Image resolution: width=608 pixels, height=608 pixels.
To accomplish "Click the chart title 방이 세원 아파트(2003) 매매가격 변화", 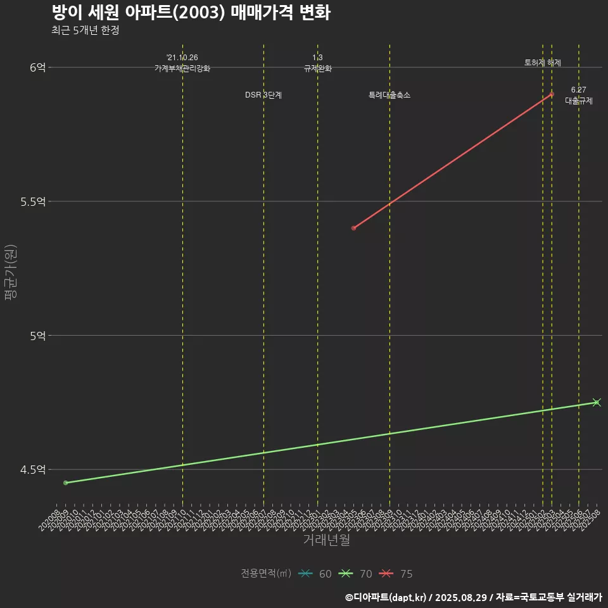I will (x=191, y=13).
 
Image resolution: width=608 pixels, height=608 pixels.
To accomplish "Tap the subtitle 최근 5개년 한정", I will (x=85, y=30).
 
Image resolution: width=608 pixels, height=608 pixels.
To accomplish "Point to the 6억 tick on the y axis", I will (x=37, y=67).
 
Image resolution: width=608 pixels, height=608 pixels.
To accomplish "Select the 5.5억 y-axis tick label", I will (x=33, y=201).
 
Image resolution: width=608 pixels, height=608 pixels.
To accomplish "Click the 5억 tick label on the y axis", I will (x=37, y=335).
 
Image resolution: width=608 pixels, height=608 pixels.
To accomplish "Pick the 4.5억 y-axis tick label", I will (x=33, y=469).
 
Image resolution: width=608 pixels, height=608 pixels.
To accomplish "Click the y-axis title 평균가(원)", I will (x=11, y=272).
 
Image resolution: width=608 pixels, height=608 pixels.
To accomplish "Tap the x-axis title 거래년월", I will (x=326, y=540).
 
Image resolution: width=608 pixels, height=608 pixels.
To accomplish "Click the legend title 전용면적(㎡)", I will (x=266, y=574).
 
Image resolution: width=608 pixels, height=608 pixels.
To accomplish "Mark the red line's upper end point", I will (x=552, y=94).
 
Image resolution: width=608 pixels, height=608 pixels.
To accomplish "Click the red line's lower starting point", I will (x=354, y=228).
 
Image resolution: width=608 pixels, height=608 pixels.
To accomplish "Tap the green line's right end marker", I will (x=596, y=402).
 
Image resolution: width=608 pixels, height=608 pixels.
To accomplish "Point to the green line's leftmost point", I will (x=66, y=483).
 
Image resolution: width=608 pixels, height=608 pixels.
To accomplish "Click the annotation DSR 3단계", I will (x=263, y=95).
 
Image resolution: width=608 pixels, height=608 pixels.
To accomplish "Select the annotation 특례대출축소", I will (x=389, y=95).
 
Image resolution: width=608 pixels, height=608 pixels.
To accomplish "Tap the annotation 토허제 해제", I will (x=543, y=63).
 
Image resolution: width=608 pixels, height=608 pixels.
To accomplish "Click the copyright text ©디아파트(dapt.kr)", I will (x=386, y=597).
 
